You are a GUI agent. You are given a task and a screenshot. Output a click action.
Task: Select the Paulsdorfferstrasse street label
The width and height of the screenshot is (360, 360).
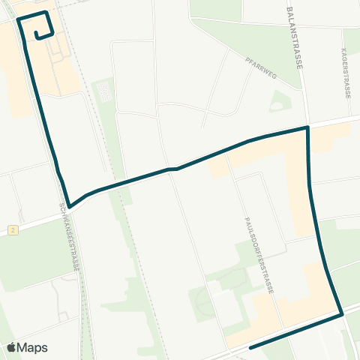[259, 255]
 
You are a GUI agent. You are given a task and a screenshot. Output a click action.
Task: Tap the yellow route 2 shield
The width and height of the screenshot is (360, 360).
[13, 229]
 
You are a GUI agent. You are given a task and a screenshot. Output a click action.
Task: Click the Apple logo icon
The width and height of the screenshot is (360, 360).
[12, 347]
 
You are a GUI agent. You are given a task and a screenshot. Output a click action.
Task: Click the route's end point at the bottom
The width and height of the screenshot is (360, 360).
[250, 347]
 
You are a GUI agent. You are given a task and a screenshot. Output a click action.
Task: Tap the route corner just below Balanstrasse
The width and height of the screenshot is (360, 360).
[307, 128]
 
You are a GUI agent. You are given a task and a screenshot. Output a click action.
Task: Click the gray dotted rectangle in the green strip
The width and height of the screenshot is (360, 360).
[104, 92]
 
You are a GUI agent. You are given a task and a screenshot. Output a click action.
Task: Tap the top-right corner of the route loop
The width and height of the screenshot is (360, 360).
[47, 13]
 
